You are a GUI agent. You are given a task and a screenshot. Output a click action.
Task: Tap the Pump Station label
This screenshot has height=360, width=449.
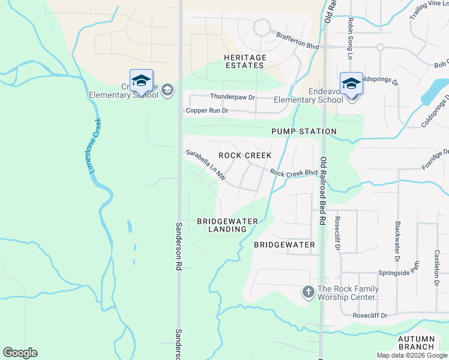[304, 131]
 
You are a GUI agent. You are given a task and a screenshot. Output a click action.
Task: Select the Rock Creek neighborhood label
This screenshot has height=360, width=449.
[245, 155]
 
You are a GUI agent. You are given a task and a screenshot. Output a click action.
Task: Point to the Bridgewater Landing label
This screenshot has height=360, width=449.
[228, 225]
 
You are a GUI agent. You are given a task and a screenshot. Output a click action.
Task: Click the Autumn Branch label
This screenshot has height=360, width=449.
[416, 343]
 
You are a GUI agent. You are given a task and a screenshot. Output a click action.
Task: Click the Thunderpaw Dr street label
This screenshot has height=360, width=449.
[232, 97]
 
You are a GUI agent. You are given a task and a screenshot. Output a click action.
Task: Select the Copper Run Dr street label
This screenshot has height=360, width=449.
[207, 110]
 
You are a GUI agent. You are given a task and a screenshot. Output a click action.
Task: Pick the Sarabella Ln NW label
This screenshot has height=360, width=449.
[205, 165]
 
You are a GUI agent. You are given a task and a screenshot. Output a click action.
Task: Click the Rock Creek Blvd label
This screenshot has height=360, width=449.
[294, 173]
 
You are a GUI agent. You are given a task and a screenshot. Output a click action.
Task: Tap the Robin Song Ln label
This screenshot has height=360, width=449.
[349, 38]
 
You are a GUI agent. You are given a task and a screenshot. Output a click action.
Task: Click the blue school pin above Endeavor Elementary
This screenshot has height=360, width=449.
[351, 83]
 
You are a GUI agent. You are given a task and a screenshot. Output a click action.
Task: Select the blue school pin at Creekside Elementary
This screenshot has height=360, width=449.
[141, 80]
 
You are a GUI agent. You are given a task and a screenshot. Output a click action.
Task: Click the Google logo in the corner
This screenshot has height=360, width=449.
[20, 353]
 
